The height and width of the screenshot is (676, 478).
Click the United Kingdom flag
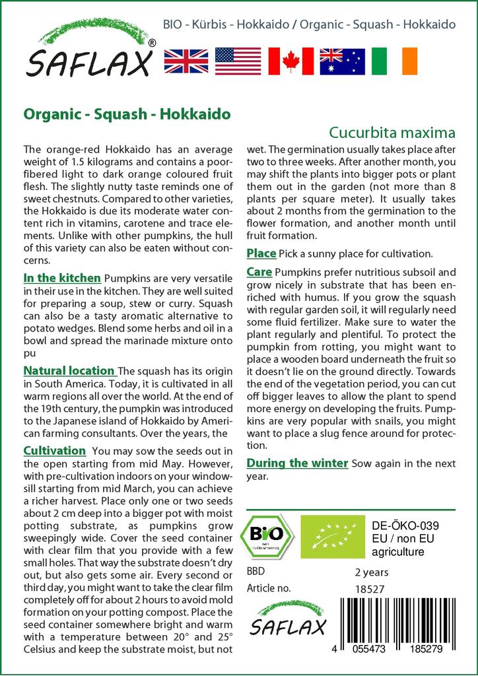pyautogui.click(x=186, y=61)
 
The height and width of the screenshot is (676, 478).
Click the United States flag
pyautogui.click(x=238, y=61)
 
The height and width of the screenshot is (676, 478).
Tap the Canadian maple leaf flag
pyautogui.click(x=290, y=61)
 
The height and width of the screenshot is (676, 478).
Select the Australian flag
pyautogui.click(x=342, y=61)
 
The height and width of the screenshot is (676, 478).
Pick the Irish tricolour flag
pyautogui.click(x=393, y=61)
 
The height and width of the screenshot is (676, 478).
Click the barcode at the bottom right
pyautogui.click(x=397, y=623)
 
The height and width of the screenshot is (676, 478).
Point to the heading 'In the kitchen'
pyautogui.click(x=62, y=278)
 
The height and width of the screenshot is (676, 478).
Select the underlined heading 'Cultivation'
pyautogui.click(x=55, y=451)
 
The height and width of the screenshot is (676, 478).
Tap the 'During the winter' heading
pyautogui.click(x=297, y=463)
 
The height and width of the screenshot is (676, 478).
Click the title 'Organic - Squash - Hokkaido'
pyautogui.click(x=127, y=114)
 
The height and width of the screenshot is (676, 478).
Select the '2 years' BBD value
pyautogui.click(x=372, y=572)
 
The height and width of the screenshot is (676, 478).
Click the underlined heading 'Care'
pyautogui.click(x=259, y=271)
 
